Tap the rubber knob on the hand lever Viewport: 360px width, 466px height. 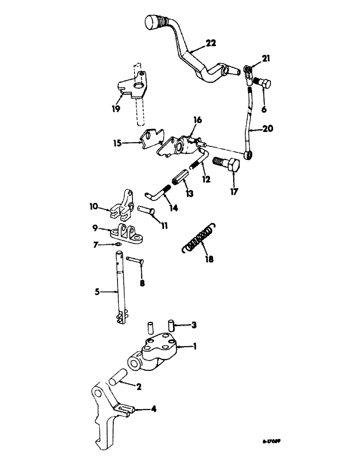click(153, 22)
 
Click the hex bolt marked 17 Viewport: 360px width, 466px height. click(226, 165)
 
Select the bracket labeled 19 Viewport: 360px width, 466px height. click(131, 86)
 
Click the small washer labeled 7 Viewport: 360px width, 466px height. click(120, 244)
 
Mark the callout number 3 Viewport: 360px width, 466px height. click(194, 325)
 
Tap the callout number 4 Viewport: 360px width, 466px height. click(153, 410)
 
